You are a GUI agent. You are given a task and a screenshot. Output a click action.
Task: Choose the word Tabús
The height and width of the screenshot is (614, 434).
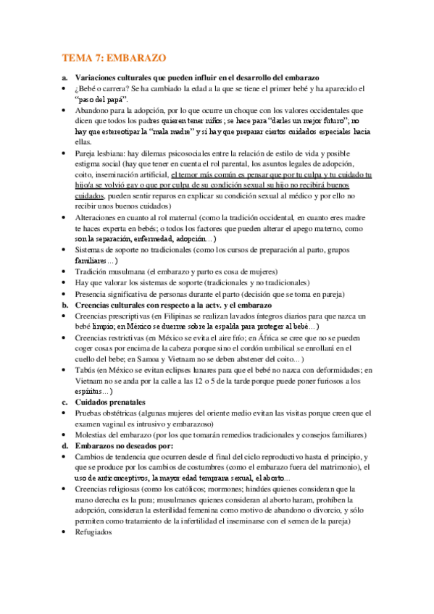pyautogui.click(x=86, y=370)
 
